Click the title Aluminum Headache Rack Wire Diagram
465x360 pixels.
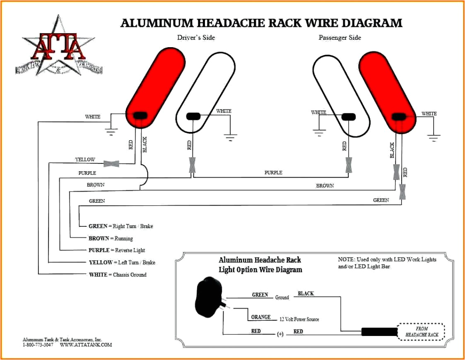coord(261,23)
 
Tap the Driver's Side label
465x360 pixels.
coord(196,38)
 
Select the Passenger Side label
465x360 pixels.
coord(340,38)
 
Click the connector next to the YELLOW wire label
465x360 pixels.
coord(111,163)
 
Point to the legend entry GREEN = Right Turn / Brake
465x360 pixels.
coord(120,226)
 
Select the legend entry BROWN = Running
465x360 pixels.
coord(111,238)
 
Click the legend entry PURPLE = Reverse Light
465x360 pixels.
coord(116,250)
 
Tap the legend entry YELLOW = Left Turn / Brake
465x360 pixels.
coord(122,262)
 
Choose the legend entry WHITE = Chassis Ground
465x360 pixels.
coord(117,274)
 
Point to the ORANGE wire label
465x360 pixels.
coord(260,317)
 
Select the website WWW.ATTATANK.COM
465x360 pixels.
coord(86,345)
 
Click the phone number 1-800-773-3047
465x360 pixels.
coord(38,345)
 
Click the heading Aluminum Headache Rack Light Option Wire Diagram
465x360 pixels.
coord(260,265)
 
